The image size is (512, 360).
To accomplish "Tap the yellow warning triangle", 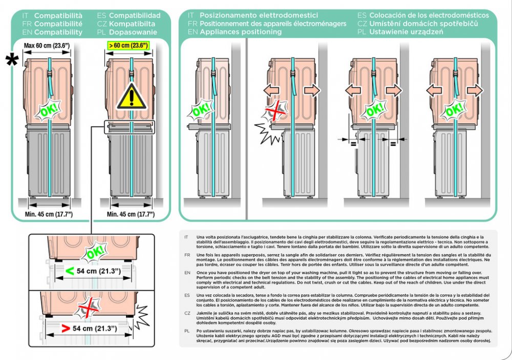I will pos(132,96).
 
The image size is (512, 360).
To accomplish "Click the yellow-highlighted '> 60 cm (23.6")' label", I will pos(128,46).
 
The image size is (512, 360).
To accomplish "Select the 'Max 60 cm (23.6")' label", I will pos(47,46).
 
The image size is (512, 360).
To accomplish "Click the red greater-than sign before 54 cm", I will pos(65,328).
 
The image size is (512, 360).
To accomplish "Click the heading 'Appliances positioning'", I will pos(241,32).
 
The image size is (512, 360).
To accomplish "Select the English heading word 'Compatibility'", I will pos(58,32).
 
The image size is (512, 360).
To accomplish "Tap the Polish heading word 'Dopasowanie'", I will pos(131,32).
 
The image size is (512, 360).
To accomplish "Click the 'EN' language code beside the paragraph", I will pos(187,273).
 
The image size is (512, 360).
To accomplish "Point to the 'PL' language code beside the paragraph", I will pos(187,331).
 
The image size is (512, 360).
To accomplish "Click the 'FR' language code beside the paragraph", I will pos(187,255).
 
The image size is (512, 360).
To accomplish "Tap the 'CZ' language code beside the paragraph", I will pos(187,312).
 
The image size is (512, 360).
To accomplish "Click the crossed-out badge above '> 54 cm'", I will pos(85,308).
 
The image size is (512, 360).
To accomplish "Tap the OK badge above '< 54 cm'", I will pos(95,252).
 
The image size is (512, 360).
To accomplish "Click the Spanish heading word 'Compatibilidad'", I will pos(135,15).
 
